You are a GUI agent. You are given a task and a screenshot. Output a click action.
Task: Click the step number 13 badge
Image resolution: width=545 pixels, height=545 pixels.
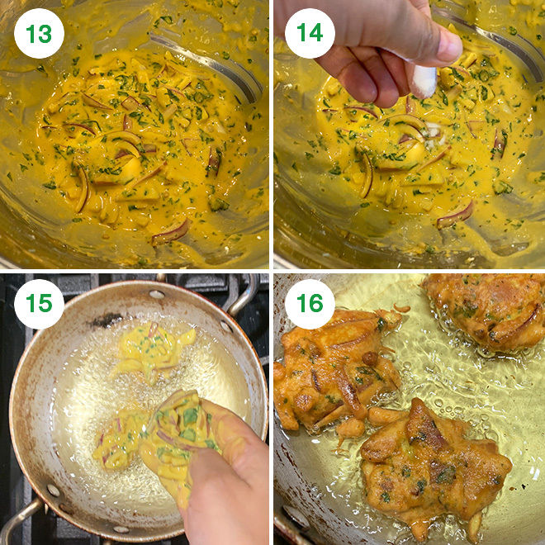coord(39,33)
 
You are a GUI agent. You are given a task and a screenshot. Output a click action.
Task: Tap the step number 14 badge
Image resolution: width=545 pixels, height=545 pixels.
coord(310,33)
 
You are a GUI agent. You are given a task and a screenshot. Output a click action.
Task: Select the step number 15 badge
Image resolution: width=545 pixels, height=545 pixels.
coord(39,304)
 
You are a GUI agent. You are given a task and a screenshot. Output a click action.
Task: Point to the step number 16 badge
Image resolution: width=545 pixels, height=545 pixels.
coord(310,304)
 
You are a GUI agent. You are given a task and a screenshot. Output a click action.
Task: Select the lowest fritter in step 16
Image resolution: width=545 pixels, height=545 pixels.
coord(434,462)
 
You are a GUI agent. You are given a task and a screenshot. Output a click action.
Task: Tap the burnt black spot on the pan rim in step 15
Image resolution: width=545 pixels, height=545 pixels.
coord(106,319)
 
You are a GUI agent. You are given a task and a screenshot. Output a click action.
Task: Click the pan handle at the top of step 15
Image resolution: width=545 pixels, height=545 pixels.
coord(244,296)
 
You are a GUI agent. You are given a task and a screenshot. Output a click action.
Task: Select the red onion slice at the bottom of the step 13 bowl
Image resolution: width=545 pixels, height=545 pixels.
coord(170,232)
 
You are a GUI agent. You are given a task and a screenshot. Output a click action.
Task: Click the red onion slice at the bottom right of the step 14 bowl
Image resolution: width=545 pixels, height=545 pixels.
coord(455,215)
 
